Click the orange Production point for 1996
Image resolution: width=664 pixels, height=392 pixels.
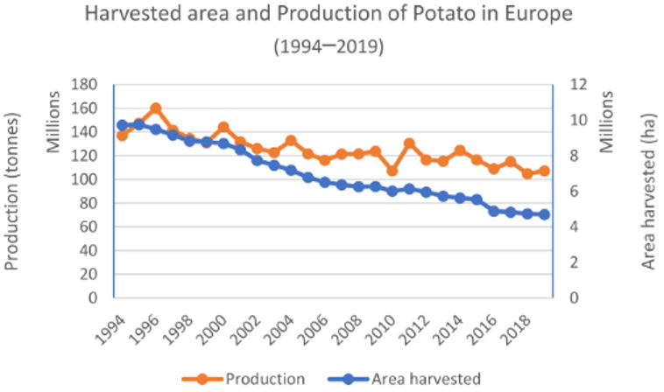[156, 108]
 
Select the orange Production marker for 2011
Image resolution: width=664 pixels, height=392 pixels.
[409, 143]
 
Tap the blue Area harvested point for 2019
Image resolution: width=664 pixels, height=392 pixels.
[544, 214]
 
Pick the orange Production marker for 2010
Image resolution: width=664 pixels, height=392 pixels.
[392, 171]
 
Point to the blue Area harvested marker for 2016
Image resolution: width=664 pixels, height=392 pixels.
[493, 211]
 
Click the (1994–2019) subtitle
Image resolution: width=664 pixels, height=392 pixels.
[332, 45]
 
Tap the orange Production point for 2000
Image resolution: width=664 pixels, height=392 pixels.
[223, 128]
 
